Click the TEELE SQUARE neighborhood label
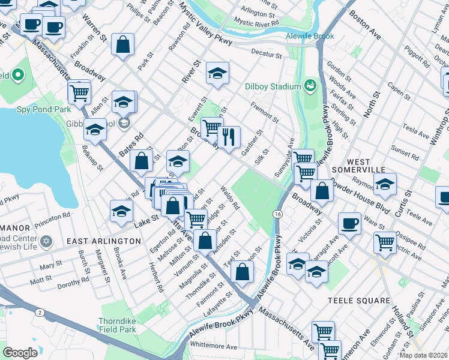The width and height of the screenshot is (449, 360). (x=359, y=300)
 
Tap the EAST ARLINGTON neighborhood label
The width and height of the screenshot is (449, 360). (x=103, y=241)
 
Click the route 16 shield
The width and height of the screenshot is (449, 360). (x=277, y=214)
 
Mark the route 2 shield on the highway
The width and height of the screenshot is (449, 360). (x=39, y=313)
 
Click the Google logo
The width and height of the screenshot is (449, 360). (x=20, y=353)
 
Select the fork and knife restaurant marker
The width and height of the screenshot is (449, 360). (x=228, y=137)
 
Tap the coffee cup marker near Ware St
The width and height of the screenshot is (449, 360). (x=350, y=224)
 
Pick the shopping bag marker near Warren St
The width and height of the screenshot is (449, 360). (x=122, y=44)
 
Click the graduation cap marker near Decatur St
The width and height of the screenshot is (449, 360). (x=217, y=73)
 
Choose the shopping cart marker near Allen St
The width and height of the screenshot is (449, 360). (x=79, y=92)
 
